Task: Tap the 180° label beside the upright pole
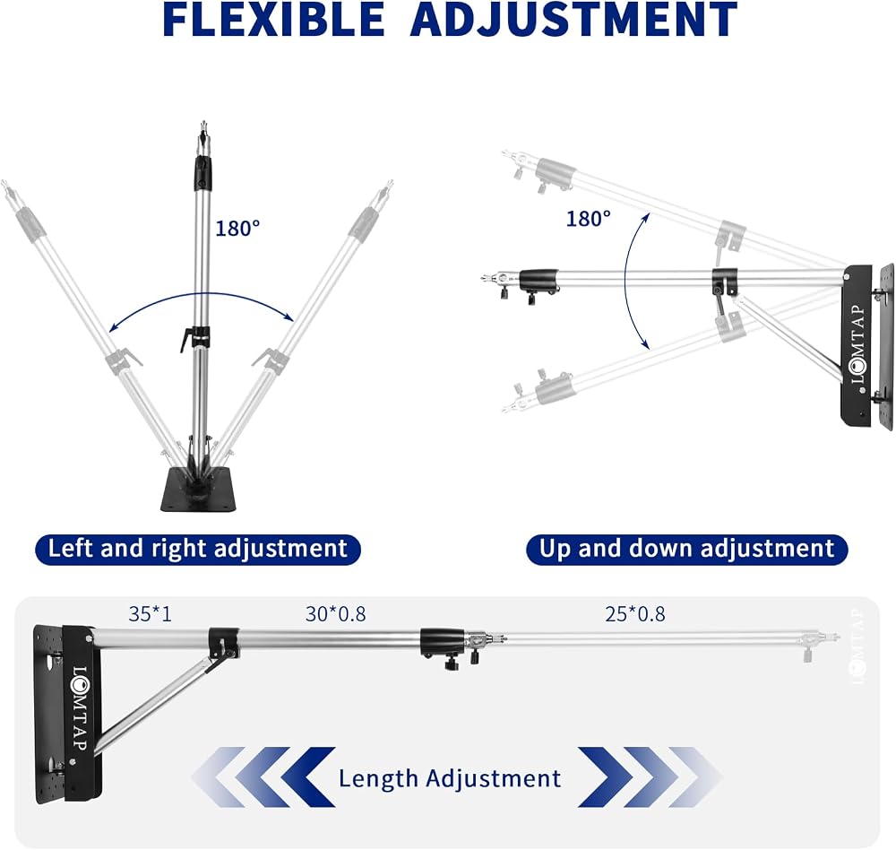[x=237, y=229]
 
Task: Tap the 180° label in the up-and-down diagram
[x=589, y=219]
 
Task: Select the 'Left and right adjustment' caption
[x=198, y=549]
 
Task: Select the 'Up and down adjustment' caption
[x=687, y=549]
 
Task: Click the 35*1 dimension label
[x=150, y=614]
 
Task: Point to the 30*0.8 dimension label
[x=335, y=614]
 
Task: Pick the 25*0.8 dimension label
[x=635, y=614]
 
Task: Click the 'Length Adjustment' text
[x=450, y=778]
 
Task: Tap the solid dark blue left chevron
[x=308, y=776]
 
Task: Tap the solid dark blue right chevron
[x=605, y=776]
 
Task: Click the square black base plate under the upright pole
[x=199, y=490]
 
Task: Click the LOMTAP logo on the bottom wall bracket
[x=80, y=709]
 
